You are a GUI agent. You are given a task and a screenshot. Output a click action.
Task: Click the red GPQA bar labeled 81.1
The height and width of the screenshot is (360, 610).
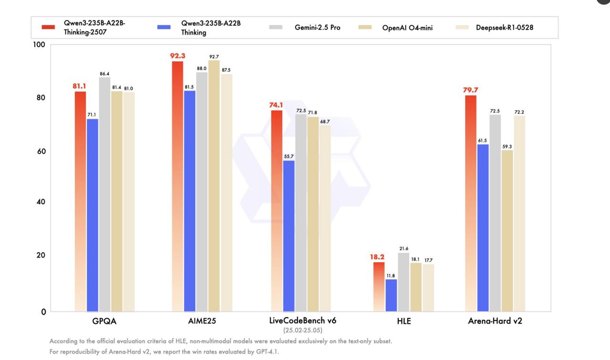point(80,200)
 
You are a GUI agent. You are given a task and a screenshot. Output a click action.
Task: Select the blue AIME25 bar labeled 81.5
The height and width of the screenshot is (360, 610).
point(189,200)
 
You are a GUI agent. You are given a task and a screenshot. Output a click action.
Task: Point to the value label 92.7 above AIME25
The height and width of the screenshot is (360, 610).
point(214,57)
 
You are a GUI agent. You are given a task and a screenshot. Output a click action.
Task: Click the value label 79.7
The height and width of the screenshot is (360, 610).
point(470,90)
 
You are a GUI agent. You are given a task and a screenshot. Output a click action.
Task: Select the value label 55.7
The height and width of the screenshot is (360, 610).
point(289,156)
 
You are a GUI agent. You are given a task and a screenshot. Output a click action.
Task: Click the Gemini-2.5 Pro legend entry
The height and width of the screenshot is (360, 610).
point(317,27)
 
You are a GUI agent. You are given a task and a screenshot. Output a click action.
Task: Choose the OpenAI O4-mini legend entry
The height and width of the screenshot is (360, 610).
point(407,28)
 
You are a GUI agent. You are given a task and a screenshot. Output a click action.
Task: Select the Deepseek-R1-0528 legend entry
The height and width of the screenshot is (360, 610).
point(504,27)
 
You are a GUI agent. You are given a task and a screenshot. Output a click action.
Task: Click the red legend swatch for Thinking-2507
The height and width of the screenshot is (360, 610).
point(48,27)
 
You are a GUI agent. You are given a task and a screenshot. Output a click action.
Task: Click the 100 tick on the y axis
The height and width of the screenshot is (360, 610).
point(39,45)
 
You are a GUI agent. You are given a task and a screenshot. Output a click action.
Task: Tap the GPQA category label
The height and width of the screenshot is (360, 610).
point(104,321)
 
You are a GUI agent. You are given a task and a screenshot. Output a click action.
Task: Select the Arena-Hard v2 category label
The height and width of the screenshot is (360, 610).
point(495,321)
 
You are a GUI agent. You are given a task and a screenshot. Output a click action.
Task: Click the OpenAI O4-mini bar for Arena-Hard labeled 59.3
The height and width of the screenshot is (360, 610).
point(507,231)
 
